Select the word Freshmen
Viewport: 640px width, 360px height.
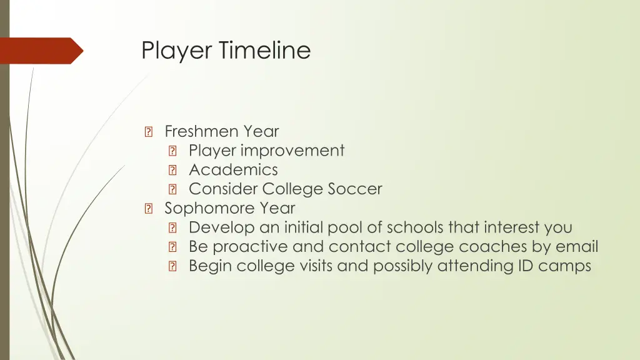click(202, 131)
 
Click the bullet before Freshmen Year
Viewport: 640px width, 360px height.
click(148, 132)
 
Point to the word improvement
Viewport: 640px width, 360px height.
click(292, 151)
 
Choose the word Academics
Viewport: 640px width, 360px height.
click(233, 170)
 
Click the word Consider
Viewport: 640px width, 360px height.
click(223, 189)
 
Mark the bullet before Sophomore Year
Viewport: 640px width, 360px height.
click(148, 209)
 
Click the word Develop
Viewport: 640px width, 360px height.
click(222, 228)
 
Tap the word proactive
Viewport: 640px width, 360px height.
click(256, 247)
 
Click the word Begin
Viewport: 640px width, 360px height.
click(210, 266)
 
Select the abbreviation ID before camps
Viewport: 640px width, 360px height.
click(524, 266)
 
